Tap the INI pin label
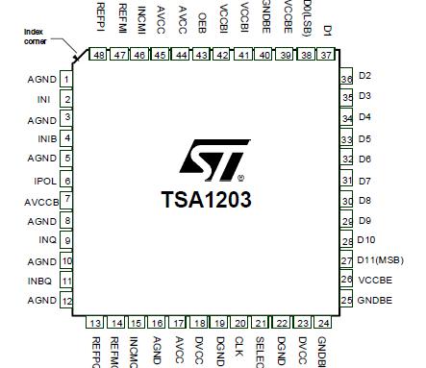pos(43,99)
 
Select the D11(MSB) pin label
pos(381,259)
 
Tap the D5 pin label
pos(364,139)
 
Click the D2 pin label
pos(364,75)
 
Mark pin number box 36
pos(346,78)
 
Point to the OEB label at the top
pos(202,21)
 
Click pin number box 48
pos(99,56)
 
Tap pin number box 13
pos(96,324)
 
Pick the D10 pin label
pos(366,240)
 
